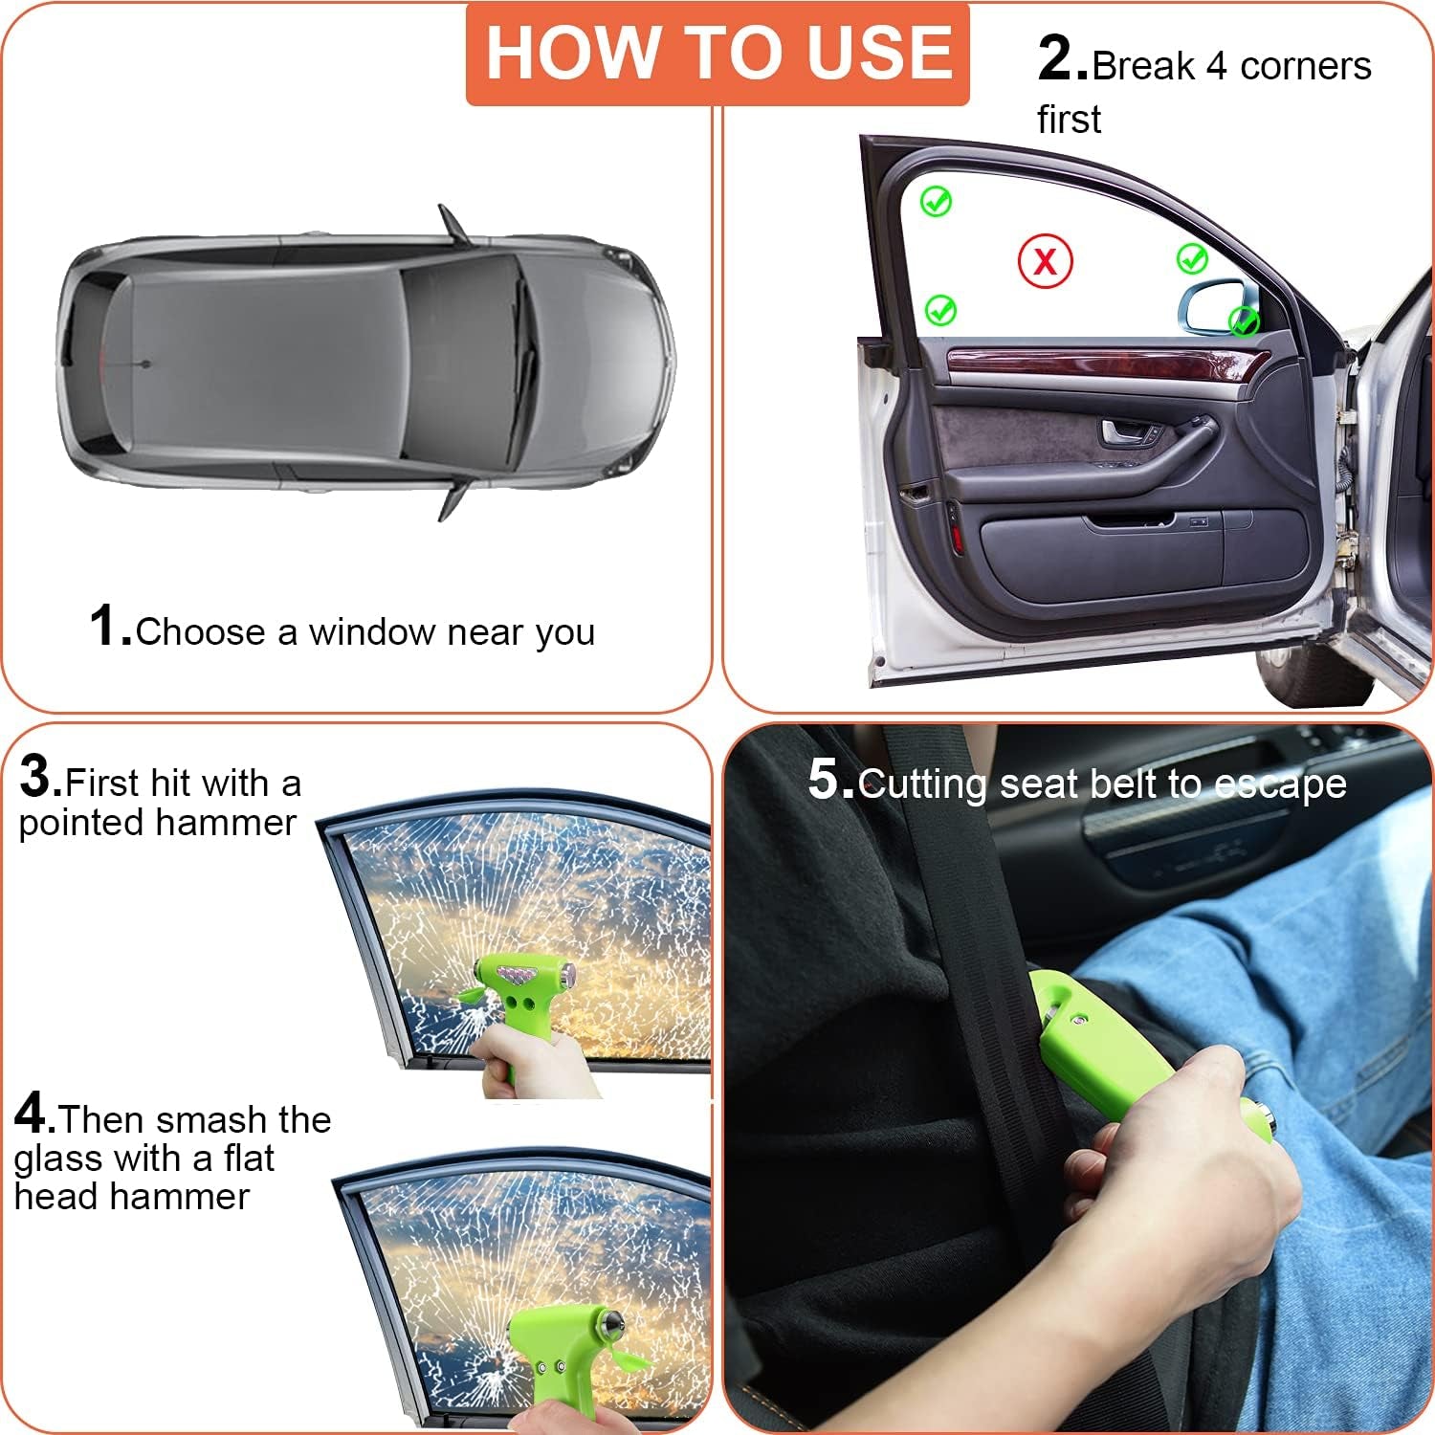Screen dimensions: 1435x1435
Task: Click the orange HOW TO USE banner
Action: click(717, 53)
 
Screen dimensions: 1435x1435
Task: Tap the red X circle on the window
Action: click(1045, 261)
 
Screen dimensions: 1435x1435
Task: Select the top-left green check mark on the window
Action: click(936, 202)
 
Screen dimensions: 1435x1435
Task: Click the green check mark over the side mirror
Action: click(1244, 320)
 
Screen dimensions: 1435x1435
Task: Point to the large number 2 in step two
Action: click(1061, 59)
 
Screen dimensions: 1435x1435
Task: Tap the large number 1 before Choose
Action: click(108, 627)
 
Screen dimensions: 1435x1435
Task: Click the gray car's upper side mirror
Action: click(453, 224)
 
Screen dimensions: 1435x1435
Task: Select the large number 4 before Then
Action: click(33, 1115)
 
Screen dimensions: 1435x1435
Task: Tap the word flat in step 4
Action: click(249, 1159)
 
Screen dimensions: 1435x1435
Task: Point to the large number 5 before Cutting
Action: click(828, 779)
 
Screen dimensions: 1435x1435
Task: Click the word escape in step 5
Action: click(1280, 785)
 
